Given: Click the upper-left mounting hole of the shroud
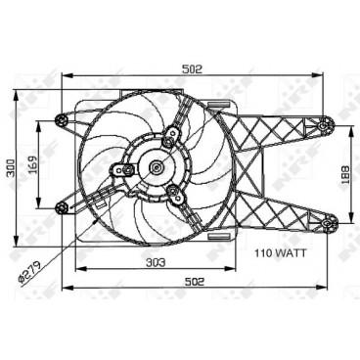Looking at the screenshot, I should pyautogui.click(x=64, y=120).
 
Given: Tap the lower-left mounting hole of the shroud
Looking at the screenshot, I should pyautogui.click(x=64, y=204).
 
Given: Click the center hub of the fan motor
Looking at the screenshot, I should pyautogui.click(x=157, y=167).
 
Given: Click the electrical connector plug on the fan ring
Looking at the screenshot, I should pyautogui.click(x=104, y=206).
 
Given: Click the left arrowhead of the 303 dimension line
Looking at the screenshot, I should pyautogui.click(x=78, y=269).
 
